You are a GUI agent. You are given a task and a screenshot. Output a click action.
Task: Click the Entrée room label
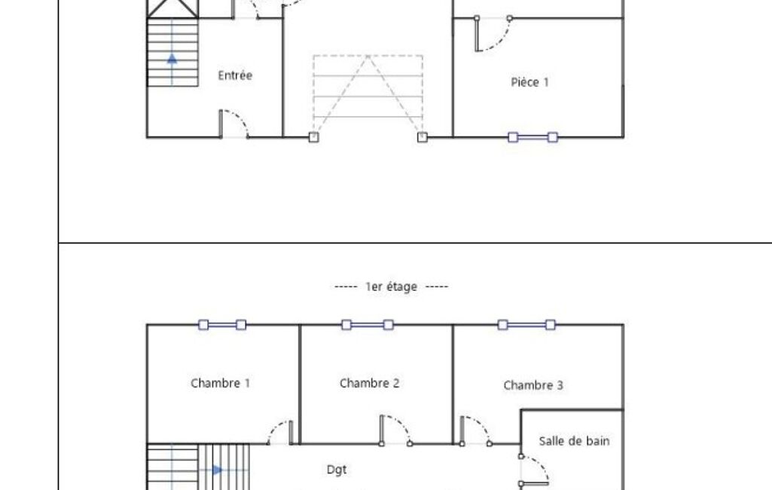point(235,75)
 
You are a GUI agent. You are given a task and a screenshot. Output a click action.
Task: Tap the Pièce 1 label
point(529,82)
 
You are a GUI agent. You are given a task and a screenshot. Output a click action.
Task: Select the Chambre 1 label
point(220,383)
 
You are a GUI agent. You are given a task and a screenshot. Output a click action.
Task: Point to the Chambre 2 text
point(369,383)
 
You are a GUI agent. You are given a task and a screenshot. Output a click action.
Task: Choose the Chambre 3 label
point(533,385)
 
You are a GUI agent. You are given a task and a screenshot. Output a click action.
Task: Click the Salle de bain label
point(574,441)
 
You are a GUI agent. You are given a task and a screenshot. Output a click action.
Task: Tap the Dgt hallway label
point(337,470)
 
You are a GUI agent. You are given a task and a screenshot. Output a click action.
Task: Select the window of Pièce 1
point(532,137)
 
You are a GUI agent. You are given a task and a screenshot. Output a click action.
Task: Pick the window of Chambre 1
point(221,325)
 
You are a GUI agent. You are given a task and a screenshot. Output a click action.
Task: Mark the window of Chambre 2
point(367,325)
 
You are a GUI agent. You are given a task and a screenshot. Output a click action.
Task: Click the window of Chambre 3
point(526,325)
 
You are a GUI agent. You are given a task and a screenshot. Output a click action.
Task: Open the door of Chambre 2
point(395,430)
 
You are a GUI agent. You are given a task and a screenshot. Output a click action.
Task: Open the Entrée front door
point(233,124)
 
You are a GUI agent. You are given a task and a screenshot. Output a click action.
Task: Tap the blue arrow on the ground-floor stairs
point(172,58)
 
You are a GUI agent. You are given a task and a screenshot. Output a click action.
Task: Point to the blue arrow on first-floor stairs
point(218,470)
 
